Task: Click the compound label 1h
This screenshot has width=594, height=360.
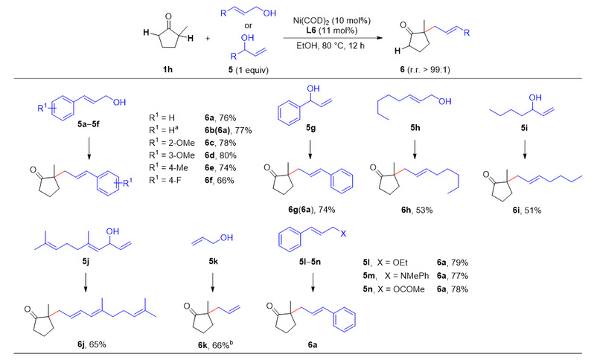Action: tap(167, 70)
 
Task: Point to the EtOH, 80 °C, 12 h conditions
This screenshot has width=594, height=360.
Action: tap(330, 46)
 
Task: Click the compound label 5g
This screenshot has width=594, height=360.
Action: tap(310, 129)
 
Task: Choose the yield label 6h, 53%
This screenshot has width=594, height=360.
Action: tap(417, 210)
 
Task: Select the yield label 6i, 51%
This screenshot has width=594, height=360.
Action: tap(527, 210)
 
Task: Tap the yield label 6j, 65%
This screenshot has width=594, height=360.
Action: tap(92, 344)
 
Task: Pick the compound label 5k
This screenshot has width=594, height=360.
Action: tap(214, 262)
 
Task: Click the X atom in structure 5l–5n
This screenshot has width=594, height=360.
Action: tap(343, 234)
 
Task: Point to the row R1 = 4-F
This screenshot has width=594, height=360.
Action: tap(165, 180)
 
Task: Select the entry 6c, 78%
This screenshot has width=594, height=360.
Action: tap(220, 143)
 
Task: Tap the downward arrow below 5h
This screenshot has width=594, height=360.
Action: tap(415, 150)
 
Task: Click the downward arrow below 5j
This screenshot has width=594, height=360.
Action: tap(86, 283)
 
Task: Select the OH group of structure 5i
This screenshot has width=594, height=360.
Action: tap(535, 98)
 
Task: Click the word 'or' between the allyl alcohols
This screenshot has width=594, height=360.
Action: tap(248, 26)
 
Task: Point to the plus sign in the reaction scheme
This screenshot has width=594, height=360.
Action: tap(208, 39)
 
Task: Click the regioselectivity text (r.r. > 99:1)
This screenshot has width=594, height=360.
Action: tap(428, 70)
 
